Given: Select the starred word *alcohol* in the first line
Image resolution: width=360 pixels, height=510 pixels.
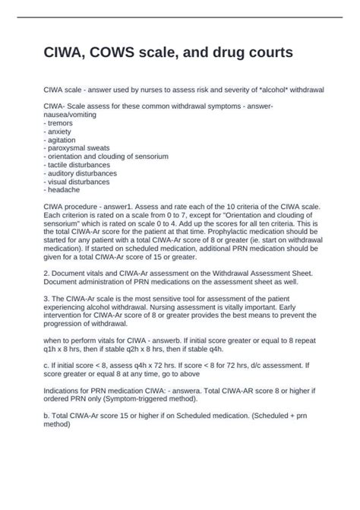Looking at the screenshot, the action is pos(270,90).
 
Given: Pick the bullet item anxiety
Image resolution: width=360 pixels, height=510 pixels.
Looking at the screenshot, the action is pos(60,131).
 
